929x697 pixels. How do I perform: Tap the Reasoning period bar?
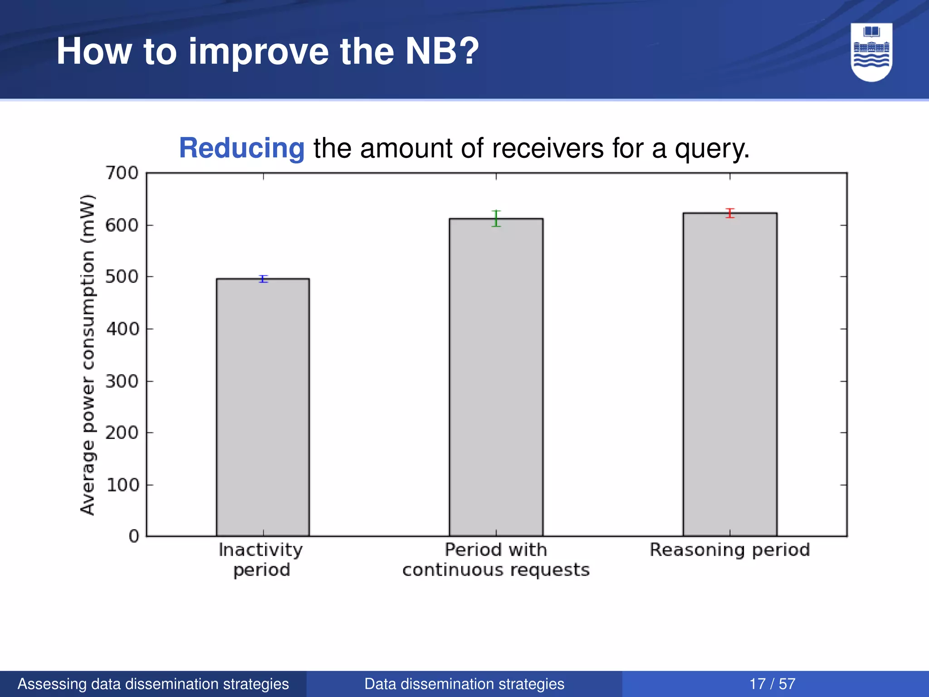730,374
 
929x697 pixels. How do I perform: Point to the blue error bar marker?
264,279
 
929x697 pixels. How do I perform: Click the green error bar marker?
496,218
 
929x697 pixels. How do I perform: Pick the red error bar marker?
730,213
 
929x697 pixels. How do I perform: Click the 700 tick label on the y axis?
122,173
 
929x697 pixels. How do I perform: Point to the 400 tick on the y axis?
122,329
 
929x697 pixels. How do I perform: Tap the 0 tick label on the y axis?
134,536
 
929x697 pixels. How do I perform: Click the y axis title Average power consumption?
88,354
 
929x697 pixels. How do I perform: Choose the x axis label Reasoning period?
730,550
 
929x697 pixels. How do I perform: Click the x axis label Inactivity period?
261,560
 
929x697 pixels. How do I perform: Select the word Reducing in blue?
242,148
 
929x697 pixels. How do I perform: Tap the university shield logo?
871,52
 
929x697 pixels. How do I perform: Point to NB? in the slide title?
442,51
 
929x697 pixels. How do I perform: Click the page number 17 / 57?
772,684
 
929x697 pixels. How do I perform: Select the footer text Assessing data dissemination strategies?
153,684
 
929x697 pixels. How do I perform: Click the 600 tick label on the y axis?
122,225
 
